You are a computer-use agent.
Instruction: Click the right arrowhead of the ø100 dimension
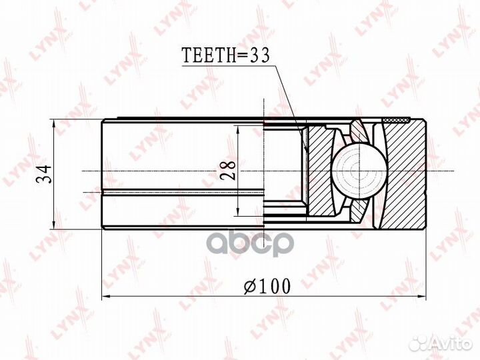click(x=421, y=295)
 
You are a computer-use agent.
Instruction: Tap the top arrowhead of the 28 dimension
click(x=238, y=129)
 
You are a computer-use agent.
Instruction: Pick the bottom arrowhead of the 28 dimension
click(x=238, y=214)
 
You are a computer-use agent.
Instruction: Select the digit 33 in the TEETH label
click(x=258, y=57)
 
